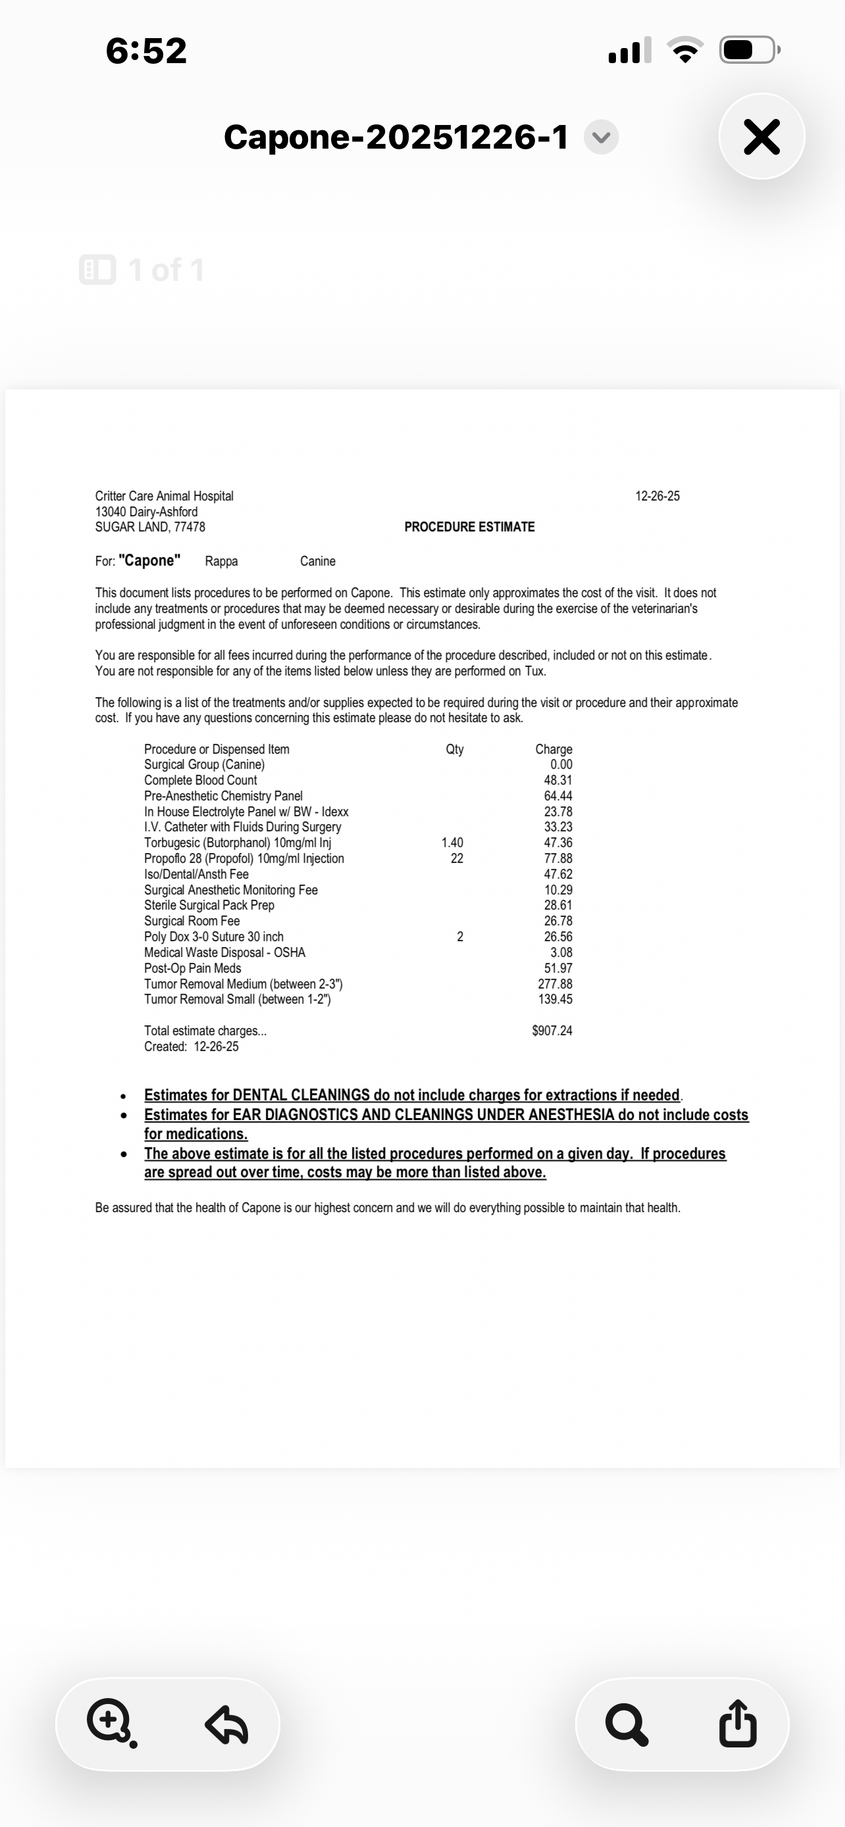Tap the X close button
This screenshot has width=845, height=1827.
[x=761, y=136]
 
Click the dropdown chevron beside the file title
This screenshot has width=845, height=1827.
[x=601, y=137]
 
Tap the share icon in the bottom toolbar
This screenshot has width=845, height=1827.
[x=737, y=1724]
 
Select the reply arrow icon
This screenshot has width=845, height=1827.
[x=226, y=1724]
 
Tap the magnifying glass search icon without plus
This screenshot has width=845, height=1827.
[x=627, y=1724]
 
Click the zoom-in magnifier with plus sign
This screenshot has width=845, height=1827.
[x=110, y=1722]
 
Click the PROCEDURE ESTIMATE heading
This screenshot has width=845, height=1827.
[x=469, y=527]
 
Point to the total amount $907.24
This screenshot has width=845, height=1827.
[x=552, y=1031]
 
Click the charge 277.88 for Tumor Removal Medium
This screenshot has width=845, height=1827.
[x=555, y=984]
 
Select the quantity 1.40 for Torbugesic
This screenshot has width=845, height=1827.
[x=452, y=842]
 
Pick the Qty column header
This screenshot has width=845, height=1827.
[x=455, y=749]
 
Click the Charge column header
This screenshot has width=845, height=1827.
[x=553, y=749]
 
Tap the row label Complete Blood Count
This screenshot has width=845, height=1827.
[x=200, y=780]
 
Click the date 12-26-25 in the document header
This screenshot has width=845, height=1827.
[x=657, y=496]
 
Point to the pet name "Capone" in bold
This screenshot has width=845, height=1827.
[x=149, y=560]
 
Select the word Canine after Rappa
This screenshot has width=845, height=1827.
[x=317, y=561]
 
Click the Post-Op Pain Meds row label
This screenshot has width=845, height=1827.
[x=192, y=968]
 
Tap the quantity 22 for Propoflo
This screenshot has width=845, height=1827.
[x=457, y=858]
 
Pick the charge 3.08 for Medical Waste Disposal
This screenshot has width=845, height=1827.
[x=561, y=952]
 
